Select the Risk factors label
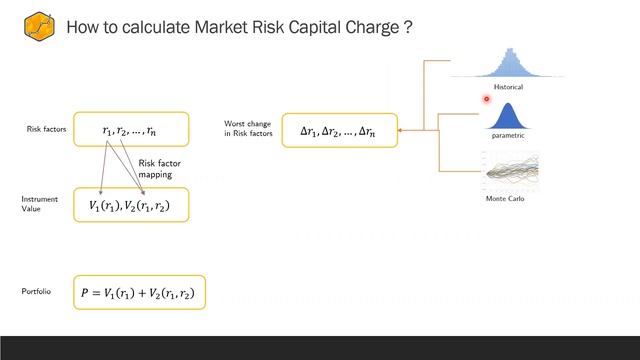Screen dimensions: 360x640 pyautogui.click(x=46, y=129)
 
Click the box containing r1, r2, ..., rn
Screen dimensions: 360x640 pyautogui.click(x=130, y=130)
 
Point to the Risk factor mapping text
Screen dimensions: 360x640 pyautogui.click(x=158, y=168)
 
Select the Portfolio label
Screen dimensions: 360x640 pyautogui.click(x=37, y=291)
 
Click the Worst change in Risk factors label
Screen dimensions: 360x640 pyautogui.click(x=247, y=129)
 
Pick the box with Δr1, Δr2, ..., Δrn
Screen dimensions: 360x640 pyautogui.click(x=339, y=130)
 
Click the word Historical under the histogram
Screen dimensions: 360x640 pyautogui.click(x=508, y=87)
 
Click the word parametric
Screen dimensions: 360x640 pyautogui.click(x=508, y=135)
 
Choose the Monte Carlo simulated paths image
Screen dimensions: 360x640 pyautogui.click(x=511, y=171)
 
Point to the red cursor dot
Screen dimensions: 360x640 pyautogui.click(x=487, y=98)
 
